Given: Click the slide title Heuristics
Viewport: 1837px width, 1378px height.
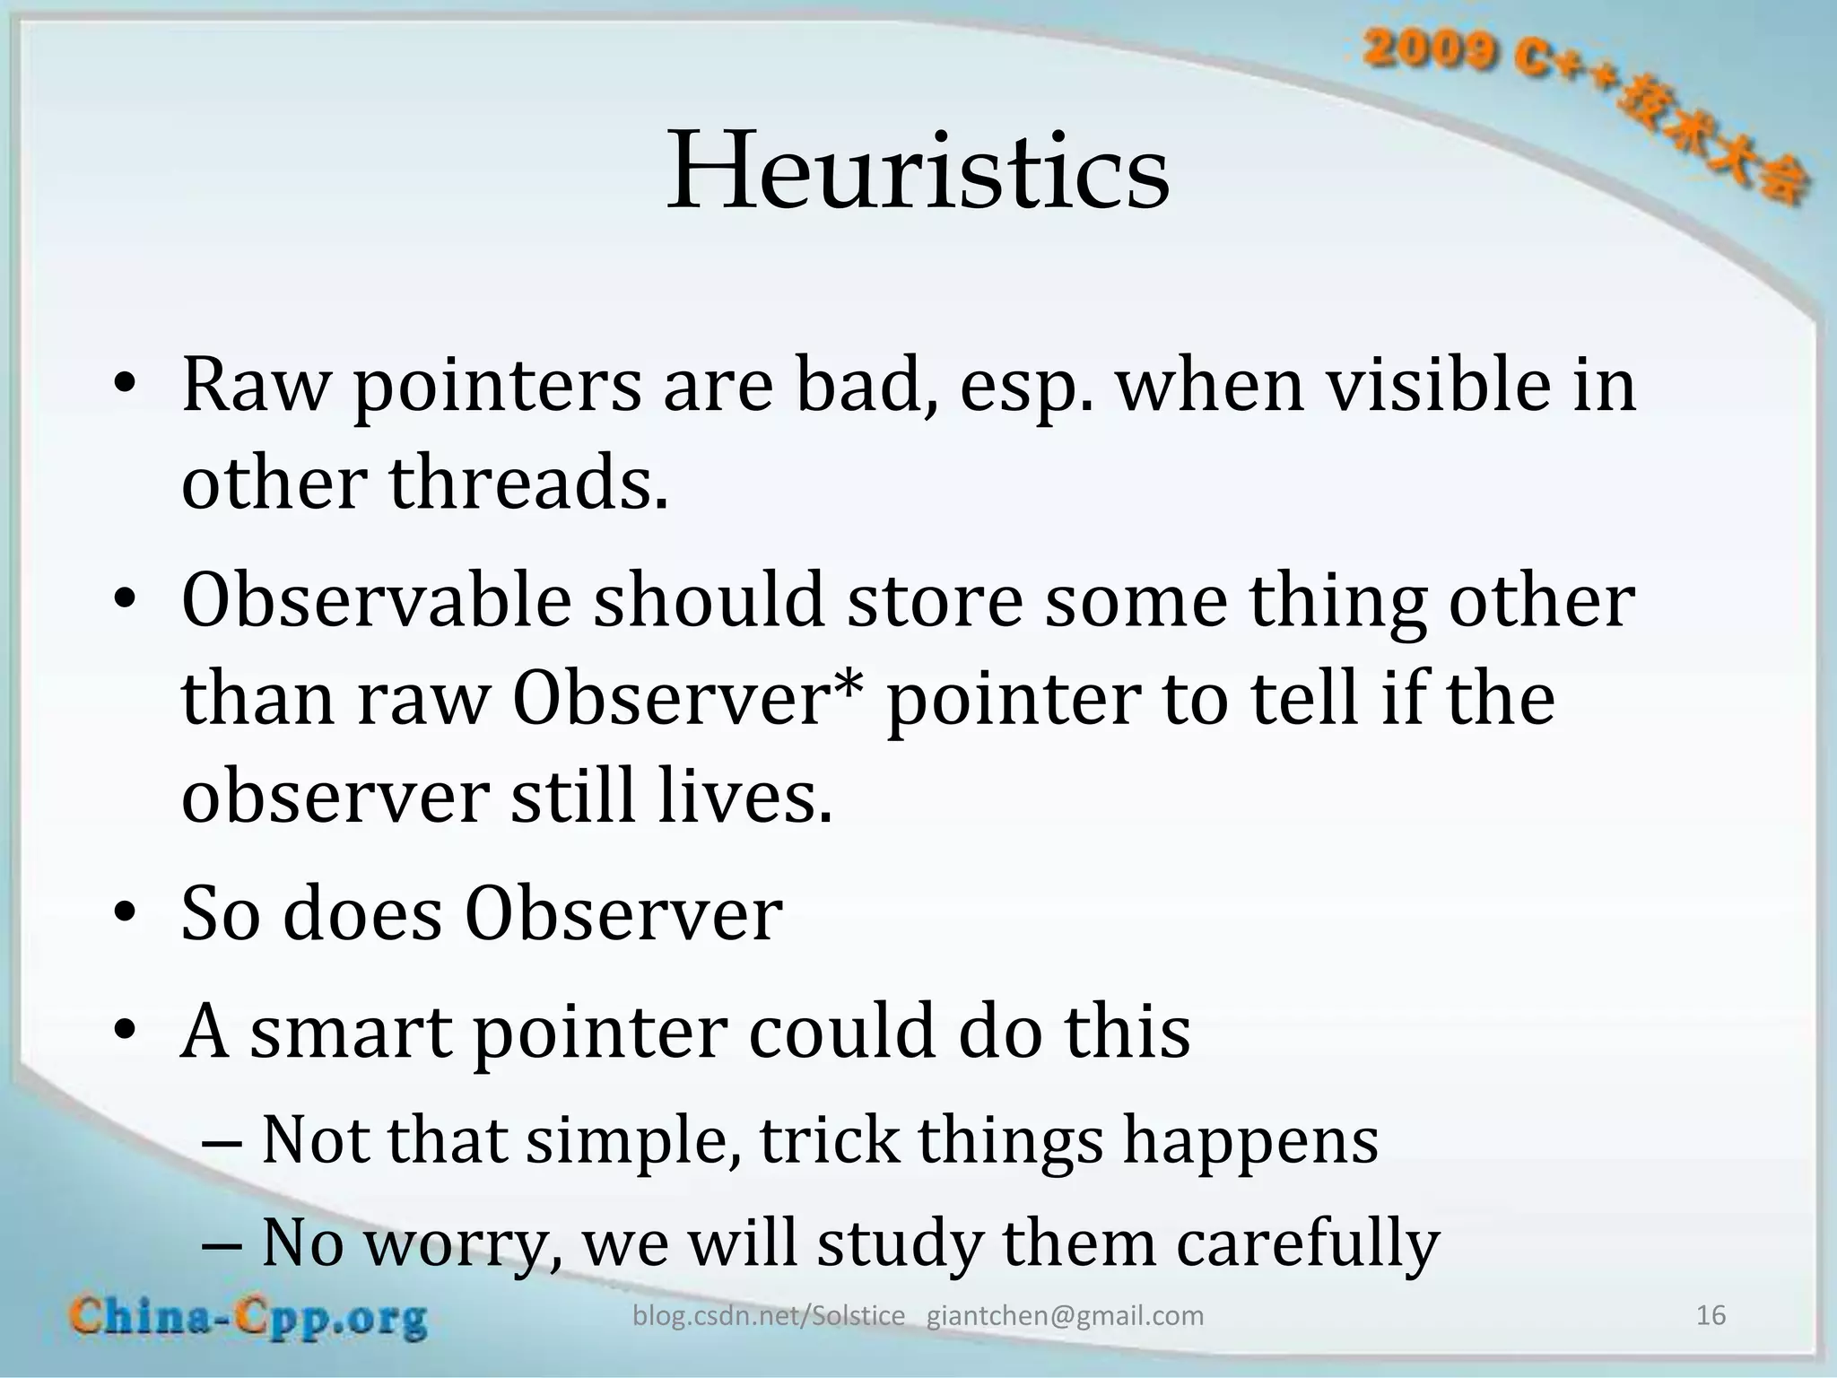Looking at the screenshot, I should (x=918, y=170).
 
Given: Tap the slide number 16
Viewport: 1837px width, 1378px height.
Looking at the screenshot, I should (x=1711, y=1315).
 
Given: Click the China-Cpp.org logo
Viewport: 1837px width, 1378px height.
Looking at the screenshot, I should (x=248, y=1318).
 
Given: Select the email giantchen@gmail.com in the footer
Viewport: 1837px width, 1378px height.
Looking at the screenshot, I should (x=1065, y=1316).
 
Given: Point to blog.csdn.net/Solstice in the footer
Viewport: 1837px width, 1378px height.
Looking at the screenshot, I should (x=769, y=1316).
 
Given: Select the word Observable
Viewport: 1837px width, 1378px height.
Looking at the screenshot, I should (x=376, y=601).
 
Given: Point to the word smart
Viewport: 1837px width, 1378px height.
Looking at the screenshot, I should (x=351, y=1032).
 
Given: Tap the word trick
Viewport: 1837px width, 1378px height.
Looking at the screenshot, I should (x=828, y=1141).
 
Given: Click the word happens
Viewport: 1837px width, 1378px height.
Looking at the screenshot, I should (x=1250, y=1141).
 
